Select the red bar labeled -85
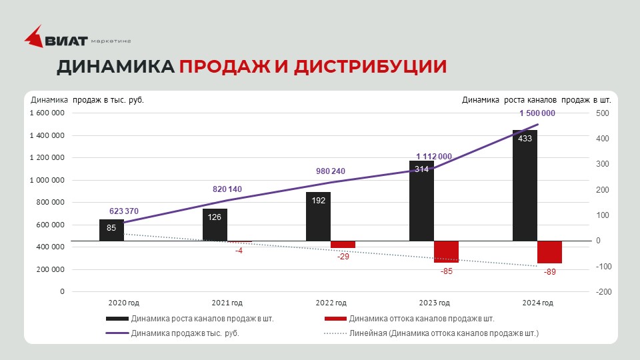[446, 251]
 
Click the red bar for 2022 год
[343, 244]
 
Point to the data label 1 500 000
[537, 113]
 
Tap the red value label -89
[549, 271]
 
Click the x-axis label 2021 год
[227, 303]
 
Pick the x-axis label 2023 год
[434, 303]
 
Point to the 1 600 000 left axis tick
[47, 113]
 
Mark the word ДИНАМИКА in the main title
[115, 67]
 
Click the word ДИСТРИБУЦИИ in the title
[370, 67]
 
